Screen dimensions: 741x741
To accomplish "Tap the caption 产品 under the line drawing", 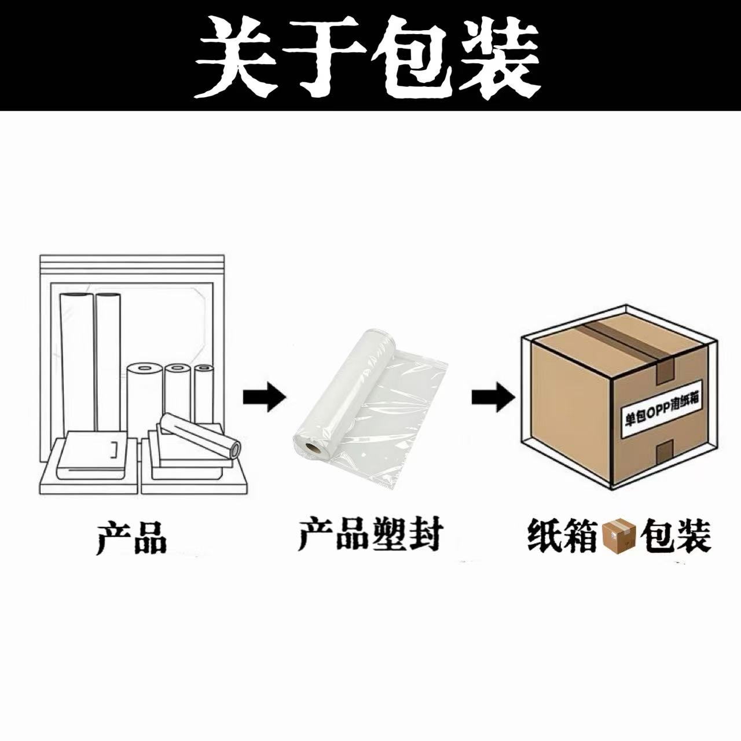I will tap(131, 538).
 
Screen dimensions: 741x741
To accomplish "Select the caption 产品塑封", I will tap(370, 535).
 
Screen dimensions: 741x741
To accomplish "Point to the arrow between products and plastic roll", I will tap(264, 397).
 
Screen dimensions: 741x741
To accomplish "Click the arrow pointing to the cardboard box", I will tap(493, 397).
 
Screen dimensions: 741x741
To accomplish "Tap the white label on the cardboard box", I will tap(660, 408).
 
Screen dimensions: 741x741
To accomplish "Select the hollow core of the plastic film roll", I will tap(313, 447).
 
